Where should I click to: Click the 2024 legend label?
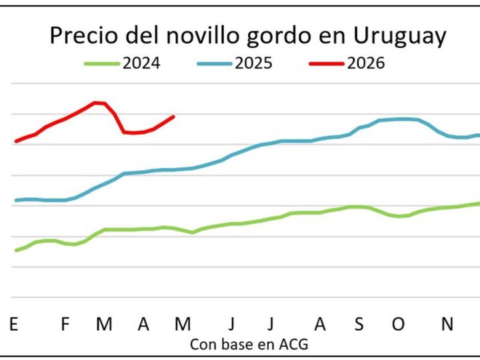141,63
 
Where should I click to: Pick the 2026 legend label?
366,63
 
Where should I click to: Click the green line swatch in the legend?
102,64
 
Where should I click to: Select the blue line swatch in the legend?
215,64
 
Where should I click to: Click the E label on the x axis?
13,324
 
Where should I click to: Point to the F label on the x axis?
65,324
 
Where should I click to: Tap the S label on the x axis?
359,324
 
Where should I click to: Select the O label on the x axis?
398,324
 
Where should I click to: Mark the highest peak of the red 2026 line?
97,102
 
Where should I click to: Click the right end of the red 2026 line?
174,117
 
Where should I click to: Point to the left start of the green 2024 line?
15,250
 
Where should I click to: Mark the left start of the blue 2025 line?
15,200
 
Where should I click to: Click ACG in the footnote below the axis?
295,345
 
